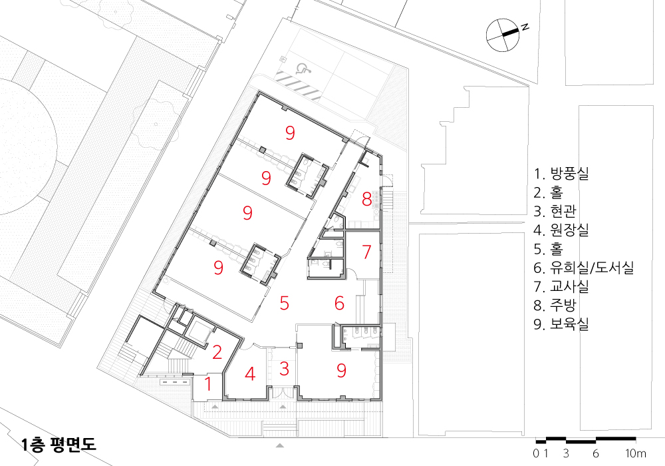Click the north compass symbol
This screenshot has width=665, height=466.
(503, 35)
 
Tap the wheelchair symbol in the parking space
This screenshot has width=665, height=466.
(303, 68)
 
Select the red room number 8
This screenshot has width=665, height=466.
(367, 199)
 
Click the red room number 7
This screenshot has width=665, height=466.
(367, 252)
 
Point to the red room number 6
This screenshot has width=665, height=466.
(339, 303)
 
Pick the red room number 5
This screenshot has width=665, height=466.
(285, 303)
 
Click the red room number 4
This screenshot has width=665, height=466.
(250, 374)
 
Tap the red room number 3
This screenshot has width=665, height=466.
(284, 369)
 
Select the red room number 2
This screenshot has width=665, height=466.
(217, 352)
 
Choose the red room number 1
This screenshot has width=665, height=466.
(207, 383)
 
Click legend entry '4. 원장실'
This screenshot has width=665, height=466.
(561, 230)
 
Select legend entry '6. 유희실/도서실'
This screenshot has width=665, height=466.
(584, 268)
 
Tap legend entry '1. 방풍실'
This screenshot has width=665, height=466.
(561, 174)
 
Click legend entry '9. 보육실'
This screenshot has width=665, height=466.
(561, 324)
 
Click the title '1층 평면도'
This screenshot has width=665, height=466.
(59, 444)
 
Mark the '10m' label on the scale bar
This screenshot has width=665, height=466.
(636, 453)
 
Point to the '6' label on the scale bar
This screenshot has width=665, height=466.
(595, 453)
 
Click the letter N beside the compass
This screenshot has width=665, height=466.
(525, 27)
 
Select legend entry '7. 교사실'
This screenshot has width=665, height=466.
(561, 286)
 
